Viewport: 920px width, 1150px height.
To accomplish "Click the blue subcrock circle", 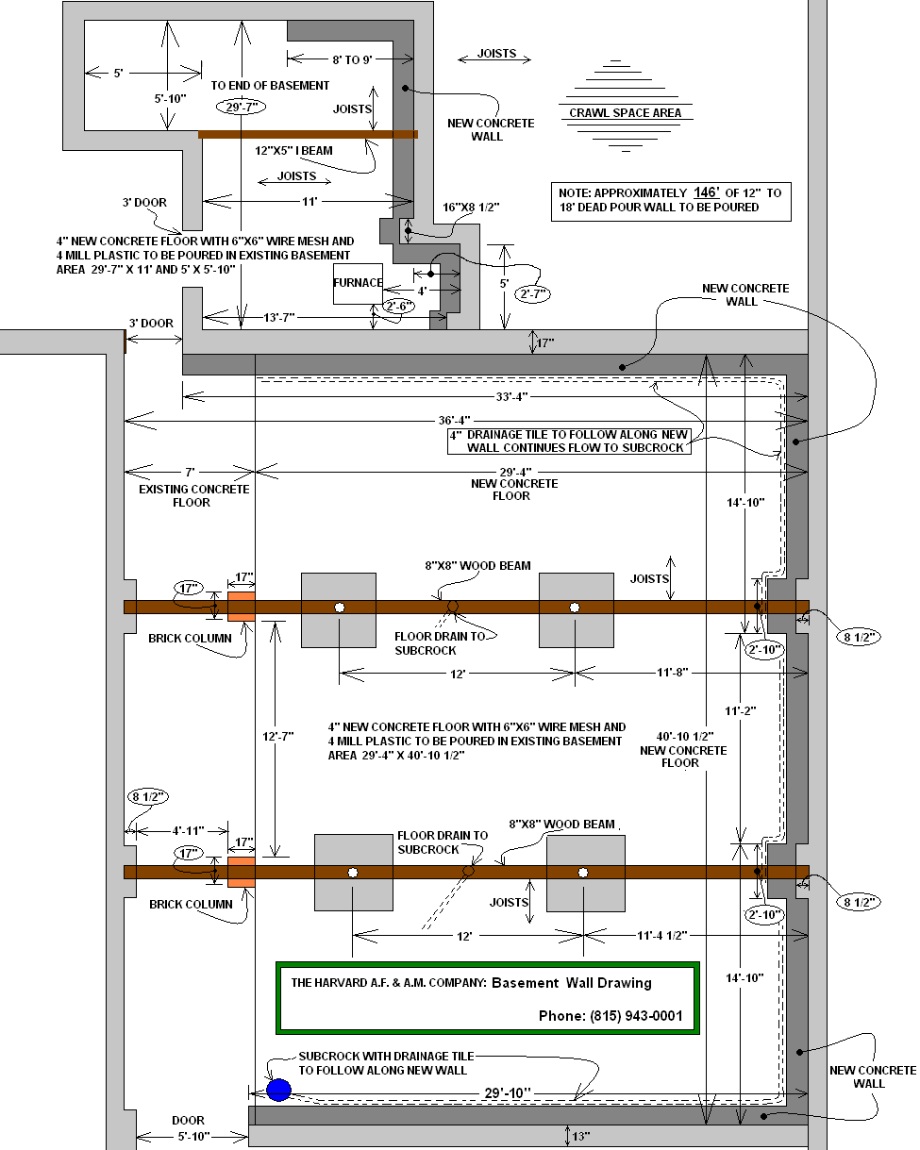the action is [x=278, y=1090].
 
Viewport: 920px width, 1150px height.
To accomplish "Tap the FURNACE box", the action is [x=358, y=284].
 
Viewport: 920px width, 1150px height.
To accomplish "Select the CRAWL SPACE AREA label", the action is [x=625, y=113].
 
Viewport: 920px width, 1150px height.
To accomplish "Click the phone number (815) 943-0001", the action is [x=636, y=1015].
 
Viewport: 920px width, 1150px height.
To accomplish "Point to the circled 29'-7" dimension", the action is [x=242, y=107].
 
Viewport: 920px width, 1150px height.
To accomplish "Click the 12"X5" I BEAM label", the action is [x=293, y=151].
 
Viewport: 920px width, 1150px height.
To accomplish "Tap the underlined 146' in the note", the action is [x=706, y=192].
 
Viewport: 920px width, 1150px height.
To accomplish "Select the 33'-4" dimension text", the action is [x=511, y=396].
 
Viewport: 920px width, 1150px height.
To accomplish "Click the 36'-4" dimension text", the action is [x=455, y=420].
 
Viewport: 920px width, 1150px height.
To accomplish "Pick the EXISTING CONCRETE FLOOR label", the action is [x=193, y=495].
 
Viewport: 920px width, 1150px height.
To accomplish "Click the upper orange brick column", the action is [x=242, y=606].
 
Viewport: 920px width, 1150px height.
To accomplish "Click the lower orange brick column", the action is [x=242, y=872].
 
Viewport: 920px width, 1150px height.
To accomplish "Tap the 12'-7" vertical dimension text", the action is [x=278, y=736].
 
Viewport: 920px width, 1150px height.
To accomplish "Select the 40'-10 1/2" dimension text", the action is [x=685, y=736].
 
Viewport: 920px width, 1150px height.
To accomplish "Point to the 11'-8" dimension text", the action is [x=673, y=672].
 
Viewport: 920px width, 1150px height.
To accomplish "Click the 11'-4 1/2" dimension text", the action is [x=661, y=935].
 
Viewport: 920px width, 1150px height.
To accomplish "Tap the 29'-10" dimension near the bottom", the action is [x=508, y=1092].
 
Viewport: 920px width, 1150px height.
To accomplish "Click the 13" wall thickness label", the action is [x=581, y=1136].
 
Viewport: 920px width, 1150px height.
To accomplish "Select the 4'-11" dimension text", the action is [x=188, y=830].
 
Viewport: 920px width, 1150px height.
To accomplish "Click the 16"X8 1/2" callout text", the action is [x=471, y=207].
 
